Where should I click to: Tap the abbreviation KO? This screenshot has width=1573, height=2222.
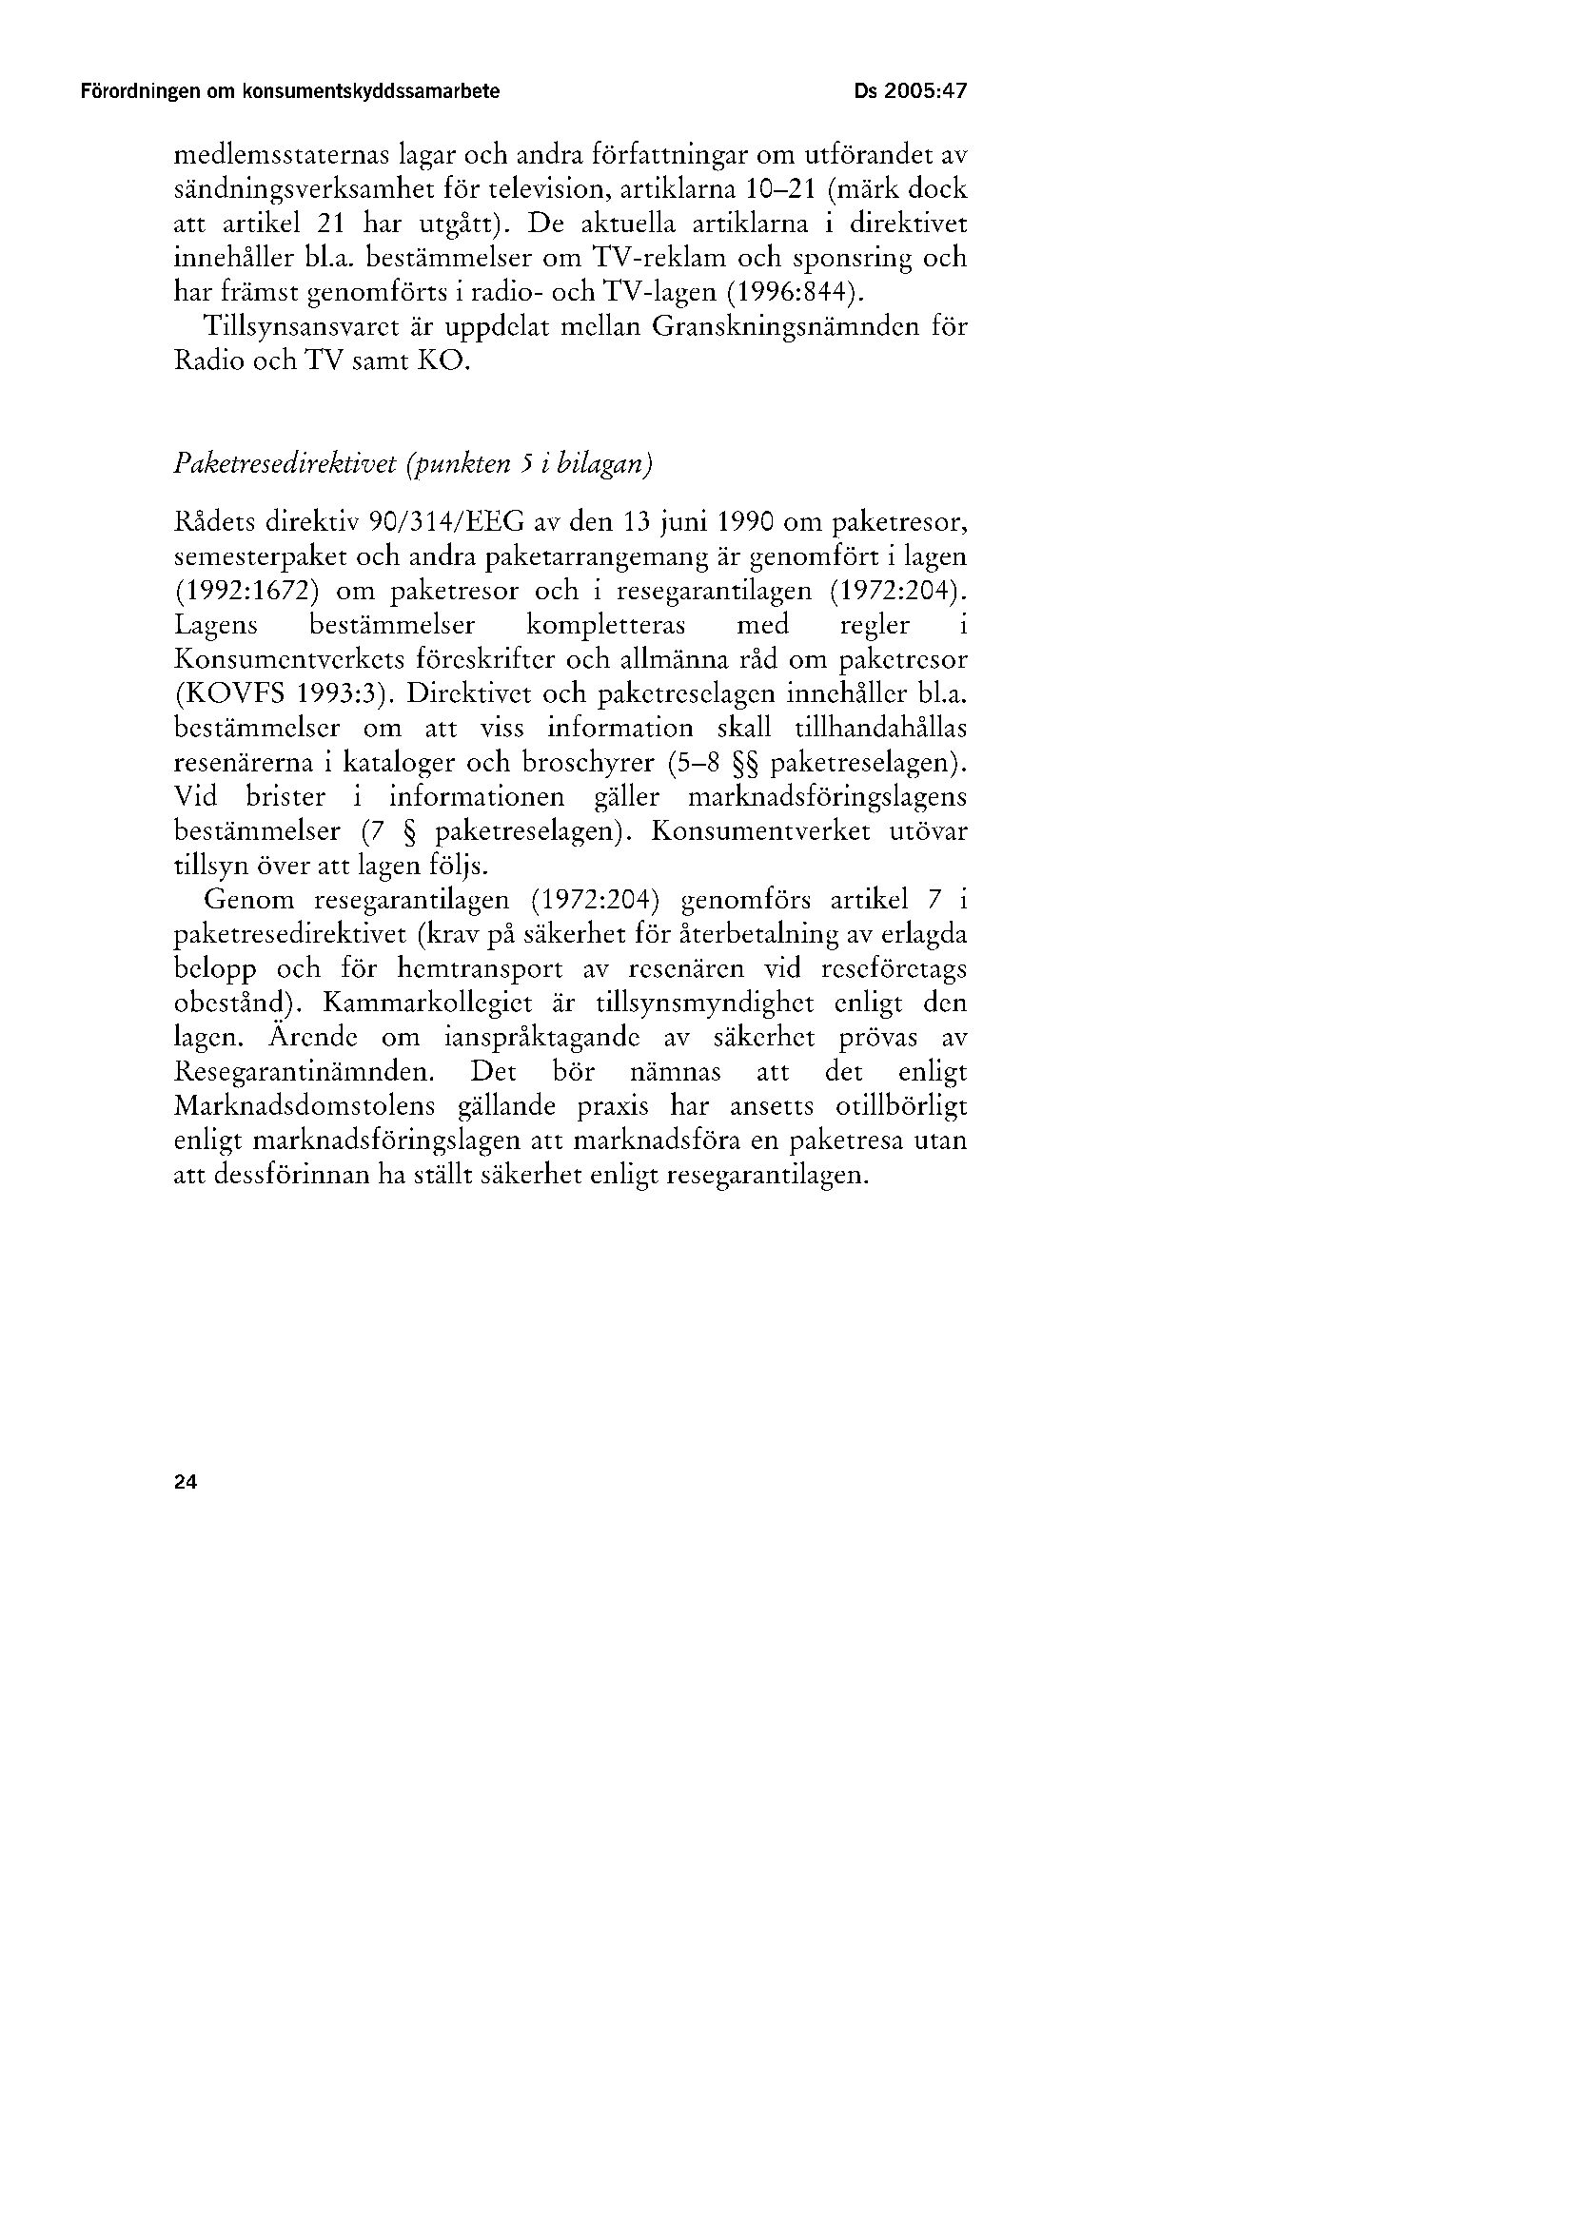(448, 363)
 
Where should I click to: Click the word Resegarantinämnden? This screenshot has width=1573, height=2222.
(305, 1073)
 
